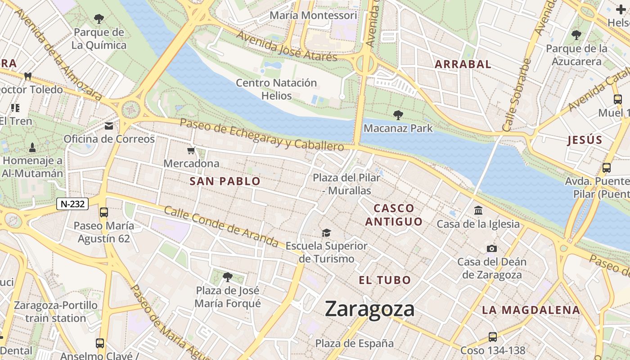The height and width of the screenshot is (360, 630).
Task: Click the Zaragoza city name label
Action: [369, 310]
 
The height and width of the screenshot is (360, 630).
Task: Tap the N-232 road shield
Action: [72, 204]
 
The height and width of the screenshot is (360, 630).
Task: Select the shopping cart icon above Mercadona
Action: [192, 150]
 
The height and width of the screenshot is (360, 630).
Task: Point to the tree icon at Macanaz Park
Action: [398, 115]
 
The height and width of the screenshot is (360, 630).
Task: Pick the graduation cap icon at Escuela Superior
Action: [326, 233]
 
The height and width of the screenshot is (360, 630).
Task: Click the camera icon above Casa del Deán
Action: [492, 248]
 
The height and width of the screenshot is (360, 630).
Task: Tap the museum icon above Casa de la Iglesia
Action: [478, 210]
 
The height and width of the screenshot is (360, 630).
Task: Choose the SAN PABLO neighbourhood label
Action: [225, 181]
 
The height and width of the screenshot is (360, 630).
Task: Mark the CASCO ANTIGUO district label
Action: [394, 215]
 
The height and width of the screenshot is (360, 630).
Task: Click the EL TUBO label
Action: [385, 280]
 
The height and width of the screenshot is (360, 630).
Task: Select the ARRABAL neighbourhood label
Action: [463, 64]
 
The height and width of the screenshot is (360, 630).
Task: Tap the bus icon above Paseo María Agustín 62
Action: [104, 212]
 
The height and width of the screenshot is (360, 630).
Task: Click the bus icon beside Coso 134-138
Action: [493, 337]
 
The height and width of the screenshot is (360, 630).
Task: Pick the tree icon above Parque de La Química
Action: [99, 19]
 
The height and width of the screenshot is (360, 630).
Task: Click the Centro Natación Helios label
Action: [276, 89]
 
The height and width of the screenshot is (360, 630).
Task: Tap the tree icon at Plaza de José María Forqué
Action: [228, 277]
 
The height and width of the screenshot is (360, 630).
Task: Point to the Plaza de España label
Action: [354, 343]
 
